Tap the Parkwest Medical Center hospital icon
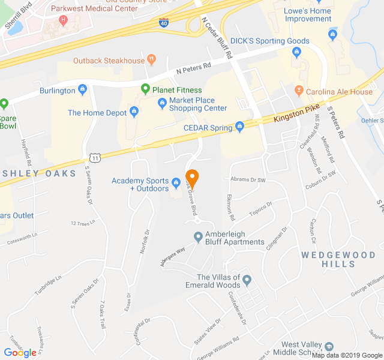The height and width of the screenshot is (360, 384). (x=64, y=20)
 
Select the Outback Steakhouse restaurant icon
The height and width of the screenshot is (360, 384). (x=151, y=60)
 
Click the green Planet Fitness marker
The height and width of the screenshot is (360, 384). (x=145, y=90)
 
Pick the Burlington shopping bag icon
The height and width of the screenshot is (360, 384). (x=83, y=91)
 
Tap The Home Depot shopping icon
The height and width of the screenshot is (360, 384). (x=134, y=112)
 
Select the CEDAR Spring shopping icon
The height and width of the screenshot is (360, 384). (x=240, y=127)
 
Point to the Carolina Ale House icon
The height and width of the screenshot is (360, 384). (x=298, y=91)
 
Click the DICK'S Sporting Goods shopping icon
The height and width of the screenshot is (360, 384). (x=296, y=53)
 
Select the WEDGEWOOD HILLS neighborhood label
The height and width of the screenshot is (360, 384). (x=338, y=259)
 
